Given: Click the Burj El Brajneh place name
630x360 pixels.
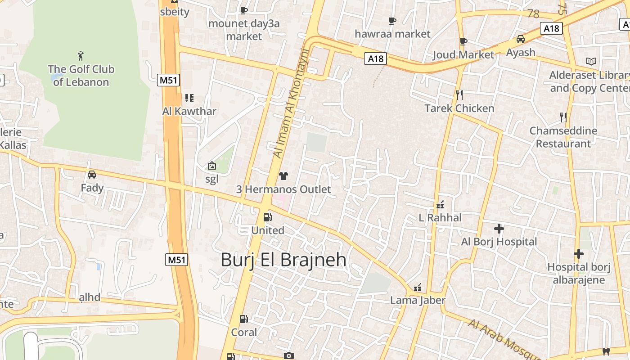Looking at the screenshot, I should (x=283, y=260).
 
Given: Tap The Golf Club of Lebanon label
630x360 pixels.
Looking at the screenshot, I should (x=81, y=76).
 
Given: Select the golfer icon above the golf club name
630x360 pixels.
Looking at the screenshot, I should (x=81, y=56).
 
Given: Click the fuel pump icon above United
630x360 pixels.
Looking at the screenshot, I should (x=268, y=217).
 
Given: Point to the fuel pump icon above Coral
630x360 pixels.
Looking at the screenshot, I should (x=243, y=319).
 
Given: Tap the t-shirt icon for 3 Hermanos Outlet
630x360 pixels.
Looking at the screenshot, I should (x=283, y=176).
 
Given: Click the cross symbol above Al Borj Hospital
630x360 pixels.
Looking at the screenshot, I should (x=499, y=229).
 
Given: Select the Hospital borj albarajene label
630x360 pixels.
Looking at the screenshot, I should (x=579, y=274).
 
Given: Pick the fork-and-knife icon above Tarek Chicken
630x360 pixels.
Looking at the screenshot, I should (x=459, y=94).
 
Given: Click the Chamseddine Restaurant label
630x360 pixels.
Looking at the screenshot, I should (x=563, y=137).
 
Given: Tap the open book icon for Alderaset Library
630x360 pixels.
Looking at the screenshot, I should (x=591, y=61).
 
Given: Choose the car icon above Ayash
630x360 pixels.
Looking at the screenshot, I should (x=521, y=39).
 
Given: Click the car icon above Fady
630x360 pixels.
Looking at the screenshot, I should (x=92, y=174).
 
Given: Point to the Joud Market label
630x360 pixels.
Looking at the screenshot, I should (x=463, y=55).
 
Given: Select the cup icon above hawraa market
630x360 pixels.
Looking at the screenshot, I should (x=392, y=21).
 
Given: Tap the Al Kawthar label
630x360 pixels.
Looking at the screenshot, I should (x=189, y=111).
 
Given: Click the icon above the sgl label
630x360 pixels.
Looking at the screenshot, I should (x=211, y=166).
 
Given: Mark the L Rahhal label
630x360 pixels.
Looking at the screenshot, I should (x=440, y=218).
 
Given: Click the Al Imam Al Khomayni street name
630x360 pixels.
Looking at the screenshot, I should (x=290, y=103).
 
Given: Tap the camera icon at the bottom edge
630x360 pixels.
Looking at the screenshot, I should (x=289, y=356).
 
